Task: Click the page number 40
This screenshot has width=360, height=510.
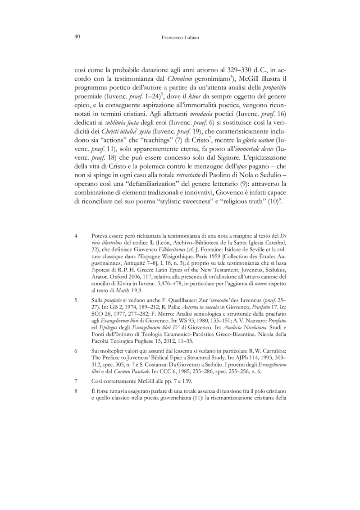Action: coord(77,38)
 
